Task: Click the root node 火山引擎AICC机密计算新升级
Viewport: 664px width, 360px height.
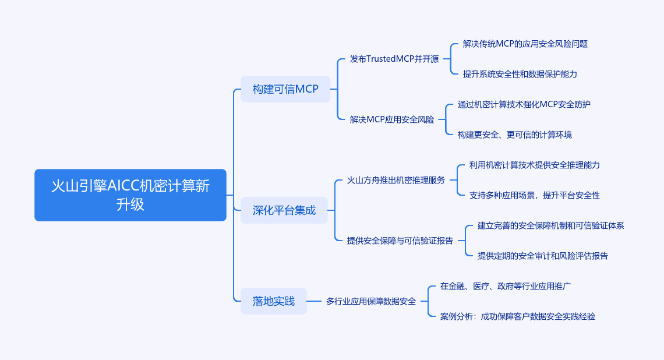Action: [130, 195]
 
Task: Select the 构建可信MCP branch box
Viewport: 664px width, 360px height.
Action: [285, 89]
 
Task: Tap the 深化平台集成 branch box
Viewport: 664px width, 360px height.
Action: [284, 210]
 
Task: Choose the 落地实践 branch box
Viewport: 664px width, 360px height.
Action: [274, 301]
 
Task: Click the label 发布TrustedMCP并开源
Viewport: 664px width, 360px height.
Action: [394, 59]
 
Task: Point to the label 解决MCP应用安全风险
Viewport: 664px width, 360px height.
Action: [392, 119]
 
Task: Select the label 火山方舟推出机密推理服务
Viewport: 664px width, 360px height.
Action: [396, 180]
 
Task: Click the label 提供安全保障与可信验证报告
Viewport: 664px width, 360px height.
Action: [400, 241]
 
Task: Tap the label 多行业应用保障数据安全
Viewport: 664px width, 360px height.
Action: [371, 301]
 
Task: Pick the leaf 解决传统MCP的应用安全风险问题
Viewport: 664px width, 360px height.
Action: [525, 44]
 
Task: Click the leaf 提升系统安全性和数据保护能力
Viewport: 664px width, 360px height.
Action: [520, 74]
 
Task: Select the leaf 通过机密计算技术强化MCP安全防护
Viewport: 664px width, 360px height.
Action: [524, 104]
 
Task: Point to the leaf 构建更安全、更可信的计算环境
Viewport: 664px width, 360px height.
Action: [514, 135]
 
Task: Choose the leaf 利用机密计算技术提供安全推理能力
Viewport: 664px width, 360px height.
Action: [534, 165]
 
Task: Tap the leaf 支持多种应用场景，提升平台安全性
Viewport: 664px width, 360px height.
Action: [534, 195]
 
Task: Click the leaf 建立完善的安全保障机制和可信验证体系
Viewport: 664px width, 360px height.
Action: [550, 225]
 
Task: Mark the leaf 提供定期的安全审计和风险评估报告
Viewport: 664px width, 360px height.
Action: [542, 256]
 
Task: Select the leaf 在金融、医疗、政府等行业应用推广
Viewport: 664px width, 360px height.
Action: [505, 286]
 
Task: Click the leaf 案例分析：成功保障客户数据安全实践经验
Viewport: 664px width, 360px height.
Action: [518, 316]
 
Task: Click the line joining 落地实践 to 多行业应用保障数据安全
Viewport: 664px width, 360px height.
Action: [315, 301]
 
